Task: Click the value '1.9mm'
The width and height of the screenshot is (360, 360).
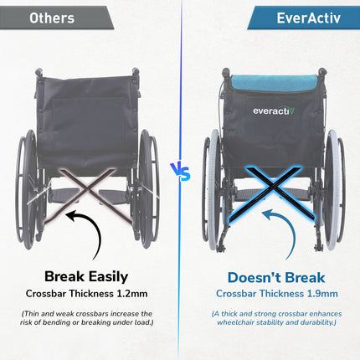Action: coord(321,294)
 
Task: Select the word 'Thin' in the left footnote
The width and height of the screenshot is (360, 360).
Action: coord(43,314)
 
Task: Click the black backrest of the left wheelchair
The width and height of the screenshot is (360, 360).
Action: coord(90,109)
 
